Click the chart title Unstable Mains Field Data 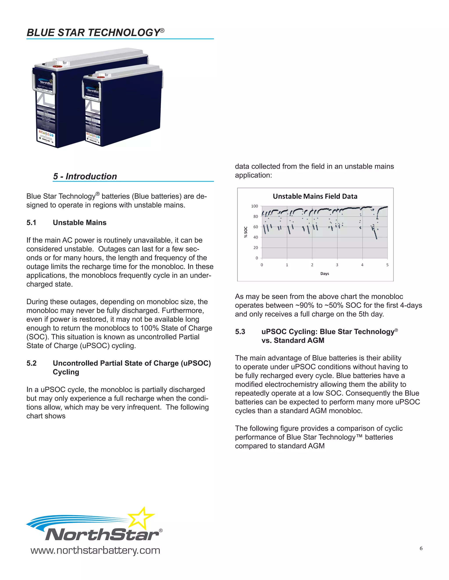pyautogui.click(x=315, y=196)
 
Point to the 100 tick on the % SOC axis pyautogui.click(x=255, y=206)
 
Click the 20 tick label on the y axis pyautogui.click(x=255, y=248)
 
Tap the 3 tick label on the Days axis pyautogui.click(x=337, y=265)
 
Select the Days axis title pyautogui.click(x=324, y=274)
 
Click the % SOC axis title pyautogui.click(x=246, y=232)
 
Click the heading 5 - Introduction pyautogui.click(x=85, y=176)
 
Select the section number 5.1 pyautogui.click(x=31, y=223)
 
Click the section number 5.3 pyautogui.click(x=240, y=332)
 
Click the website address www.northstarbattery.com pyautogui.click(x=95, y=550)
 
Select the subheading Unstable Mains pyautogui.click(x=80, y=223)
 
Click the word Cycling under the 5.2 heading pyautogui.click(x=66, y=372)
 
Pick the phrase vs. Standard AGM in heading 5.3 pyautogui.click(x=293, y=341)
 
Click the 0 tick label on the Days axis pyautogui.click(x=262, y=265)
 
